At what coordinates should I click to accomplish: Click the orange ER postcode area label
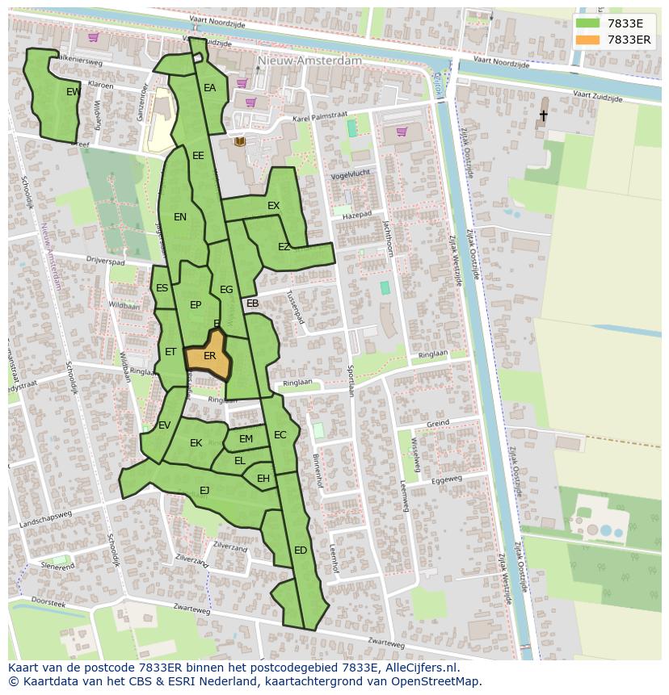[209, 356]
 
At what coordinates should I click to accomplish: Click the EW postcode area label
[74, 92]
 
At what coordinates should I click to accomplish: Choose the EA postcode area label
[210, 88]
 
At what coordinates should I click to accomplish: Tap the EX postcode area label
[274, 206]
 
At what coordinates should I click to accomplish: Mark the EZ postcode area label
[284, 247]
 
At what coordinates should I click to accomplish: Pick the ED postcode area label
[301, 551]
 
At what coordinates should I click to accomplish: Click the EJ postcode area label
[204, 490]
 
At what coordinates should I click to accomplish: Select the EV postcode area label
[164, 425]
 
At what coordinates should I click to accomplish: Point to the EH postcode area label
[263, 479]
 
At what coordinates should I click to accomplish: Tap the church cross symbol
[543, 116]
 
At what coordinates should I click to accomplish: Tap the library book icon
[239, 142]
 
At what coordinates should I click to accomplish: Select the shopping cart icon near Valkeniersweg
[94, 37]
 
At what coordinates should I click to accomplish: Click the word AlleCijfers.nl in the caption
[420, 668]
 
